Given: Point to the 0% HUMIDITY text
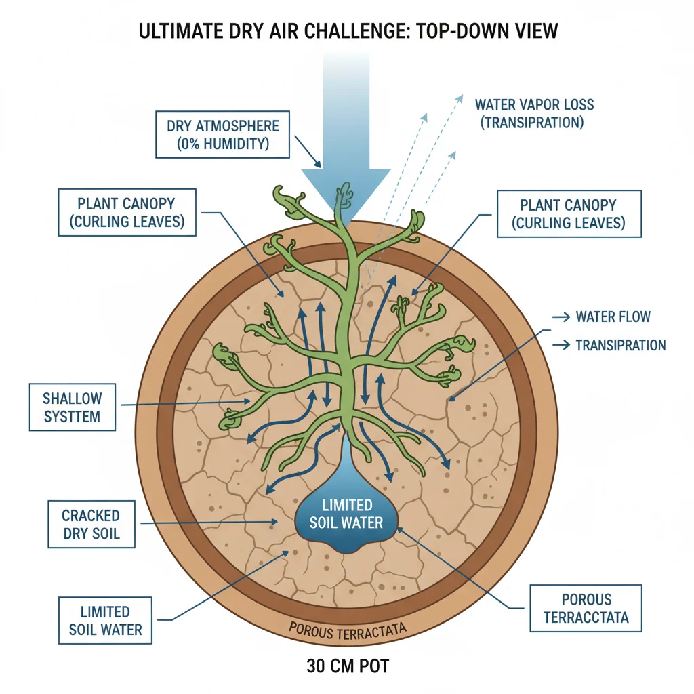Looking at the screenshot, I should point(223,144).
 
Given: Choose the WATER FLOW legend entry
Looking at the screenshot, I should point(613,317).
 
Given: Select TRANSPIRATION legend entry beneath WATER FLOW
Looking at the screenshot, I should point(620,345).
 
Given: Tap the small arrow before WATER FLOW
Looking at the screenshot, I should point(561,317).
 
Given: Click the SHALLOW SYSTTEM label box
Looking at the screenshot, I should point(72,407).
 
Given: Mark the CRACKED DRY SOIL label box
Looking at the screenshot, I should point(91,525).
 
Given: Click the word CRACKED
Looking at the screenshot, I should point(91,516).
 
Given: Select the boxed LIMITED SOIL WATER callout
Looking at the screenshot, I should point(105,620).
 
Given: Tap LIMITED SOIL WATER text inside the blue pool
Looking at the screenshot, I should point(346,514).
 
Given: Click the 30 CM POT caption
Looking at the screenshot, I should point(348,666).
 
